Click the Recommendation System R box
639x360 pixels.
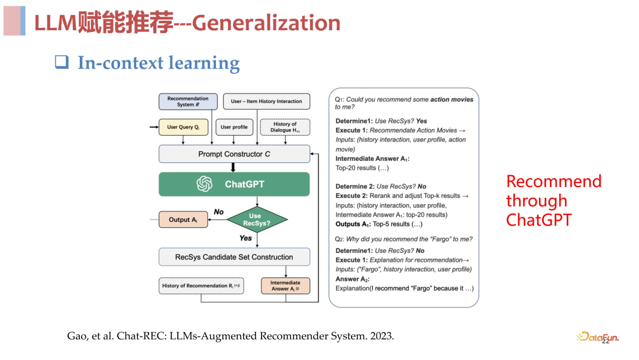188,101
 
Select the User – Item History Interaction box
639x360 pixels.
266,101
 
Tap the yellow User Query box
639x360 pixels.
183,127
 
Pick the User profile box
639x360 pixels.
234,127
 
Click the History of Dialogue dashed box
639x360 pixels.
285,127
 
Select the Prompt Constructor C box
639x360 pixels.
234,154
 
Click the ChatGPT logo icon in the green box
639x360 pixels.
205,184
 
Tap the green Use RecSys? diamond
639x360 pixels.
255,220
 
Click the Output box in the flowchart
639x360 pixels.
183,220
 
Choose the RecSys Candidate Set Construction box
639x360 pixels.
234,257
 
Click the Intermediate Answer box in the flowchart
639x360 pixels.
285,286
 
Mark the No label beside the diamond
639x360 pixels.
219,211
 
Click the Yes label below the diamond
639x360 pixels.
246,238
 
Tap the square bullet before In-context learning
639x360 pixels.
62,62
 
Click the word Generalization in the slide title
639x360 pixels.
266,23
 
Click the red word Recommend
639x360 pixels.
554,181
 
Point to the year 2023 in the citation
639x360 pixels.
381,336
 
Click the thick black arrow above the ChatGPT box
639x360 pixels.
233,167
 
